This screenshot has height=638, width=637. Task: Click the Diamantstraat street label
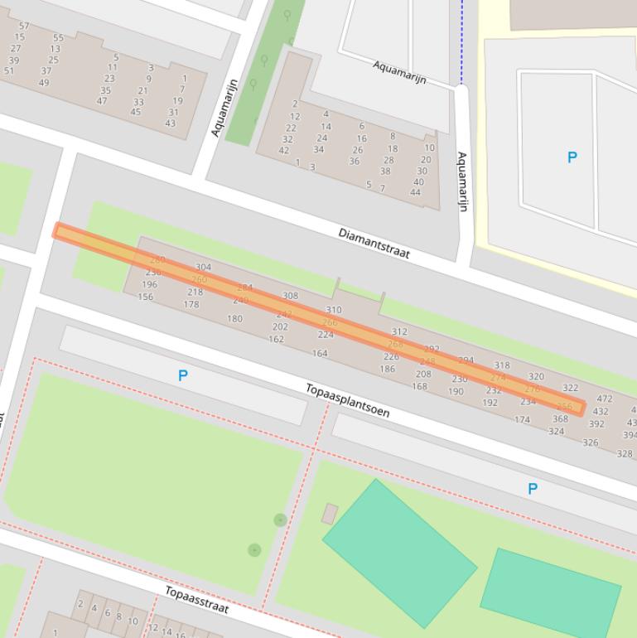pos(374,243)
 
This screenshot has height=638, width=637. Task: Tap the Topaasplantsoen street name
pos(347,400)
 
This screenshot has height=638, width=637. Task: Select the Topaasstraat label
pos(196,599)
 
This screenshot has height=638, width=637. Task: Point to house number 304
pos(203,268)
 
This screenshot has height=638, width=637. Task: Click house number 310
pos(334,311)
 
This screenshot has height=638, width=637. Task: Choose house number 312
pos(399,332)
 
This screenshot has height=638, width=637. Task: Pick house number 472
pos(605,399)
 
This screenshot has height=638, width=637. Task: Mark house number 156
pos(146,297)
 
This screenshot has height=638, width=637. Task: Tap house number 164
pos(320,353)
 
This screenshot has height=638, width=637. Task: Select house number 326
pos(591,442)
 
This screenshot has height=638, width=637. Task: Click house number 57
pos(23,27)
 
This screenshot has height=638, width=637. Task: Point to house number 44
pos(415,192)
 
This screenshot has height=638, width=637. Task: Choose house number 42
pos(284,150)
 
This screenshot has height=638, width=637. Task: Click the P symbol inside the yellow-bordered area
pos(572,157)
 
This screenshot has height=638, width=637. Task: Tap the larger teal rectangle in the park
pos(399,552)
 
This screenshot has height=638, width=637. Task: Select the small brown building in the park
pos(330,514)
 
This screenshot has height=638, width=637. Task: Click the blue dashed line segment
pos(462,41)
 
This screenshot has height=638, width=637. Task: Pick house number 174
pos(522,420)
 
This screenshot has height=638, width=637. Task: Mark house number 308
pos(290,296)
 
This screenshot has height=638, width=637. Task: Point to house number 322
pos(570,388)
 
